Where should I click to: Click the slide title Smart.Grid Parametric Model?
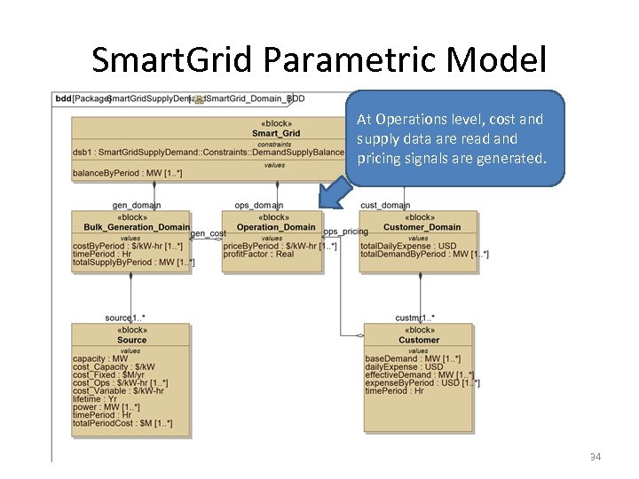319,59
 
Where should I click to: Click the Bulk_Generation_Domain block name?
131,227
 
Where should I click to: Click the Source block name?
131,340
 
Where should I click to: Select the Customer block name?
418,340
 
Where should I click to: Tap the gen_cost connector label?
208,233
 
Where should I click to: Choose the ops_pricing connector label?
345,232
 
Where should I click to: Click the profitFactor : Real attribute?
258,254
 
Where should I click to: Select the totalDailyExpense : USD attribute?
408,245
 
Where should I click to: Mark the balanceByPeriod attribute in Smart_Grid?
127,173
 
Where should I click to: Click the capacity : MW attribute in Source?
99,358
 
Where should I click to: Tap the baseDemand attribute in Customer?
412,358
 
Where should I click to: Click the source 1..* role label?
125,318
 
